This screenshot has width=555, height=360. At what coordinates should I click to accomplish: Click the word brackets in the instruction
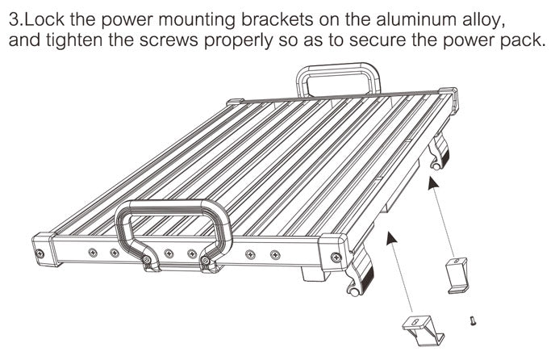277,19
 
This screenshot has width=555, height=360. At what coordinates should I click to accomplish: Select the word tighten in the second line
75,40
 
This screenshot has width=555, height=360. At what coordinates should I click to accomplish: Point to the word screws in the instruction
169,40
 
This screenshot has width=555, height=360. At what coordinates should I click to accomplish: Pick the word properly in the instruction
239,41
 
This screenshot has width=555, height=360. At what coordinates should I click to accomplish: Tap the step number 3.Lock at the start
37,19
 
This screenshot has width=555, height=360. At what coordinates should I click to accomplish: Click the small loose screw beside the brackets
472,320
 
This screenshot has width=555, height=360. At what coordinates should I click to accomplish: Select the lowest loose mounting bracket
424,330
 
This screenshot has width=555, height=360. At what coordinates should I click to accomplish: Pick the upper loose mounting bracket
457,276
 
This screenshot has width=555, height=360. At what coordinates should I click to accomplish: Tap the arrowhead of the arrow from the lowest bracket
390,238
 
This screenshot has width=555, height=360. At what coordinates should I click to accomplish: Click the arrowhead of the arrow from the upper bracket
432,183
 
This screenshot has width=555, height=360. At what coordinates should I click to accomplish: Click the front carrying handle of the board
173,234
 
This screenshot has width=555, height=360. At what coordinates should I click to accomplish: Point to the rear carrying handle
338,80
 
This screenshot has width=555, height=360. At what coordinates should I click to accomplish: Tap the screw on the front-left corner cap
40,253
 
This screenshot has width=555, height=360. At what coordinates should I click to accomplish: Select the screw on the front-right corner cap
336,257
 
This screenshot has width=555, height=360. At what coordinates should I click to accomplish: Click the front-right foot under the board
361,273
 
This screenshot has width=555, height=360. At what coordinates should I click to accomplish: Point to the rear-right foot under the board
439,151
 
